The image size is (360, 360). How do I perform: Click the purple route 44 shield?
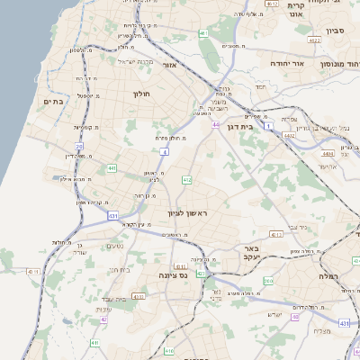coord(216,125)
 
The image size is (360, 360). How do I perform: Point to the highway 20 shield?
coord(79,146)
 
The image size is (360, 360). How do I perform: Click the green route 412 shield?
coord(186,181)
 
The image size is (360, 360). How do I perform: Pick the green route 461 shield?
coord(203,33)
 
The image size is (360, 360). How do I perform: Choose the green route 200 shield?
coord(268,282)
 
